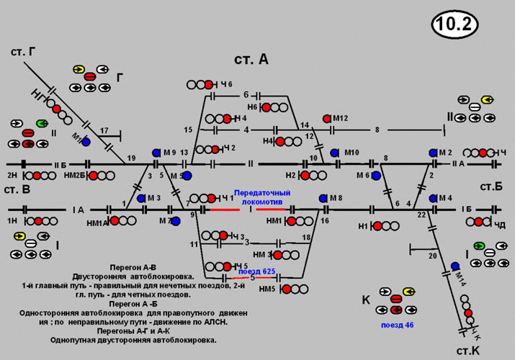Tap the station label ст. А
click(251, 60)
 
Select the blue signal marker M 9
click(156, 153)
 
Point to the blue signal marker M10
click(334, 153)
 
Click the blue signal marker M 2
click(433, 153)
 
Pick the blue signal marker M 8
click(322, 198)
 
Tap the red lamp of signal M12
click(327, 118)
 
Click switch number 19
click(131, 158)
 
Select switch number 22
click(421, 214)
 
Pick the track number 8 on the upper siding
click(376, 130)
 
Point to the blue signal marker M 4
click(433, 198)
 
